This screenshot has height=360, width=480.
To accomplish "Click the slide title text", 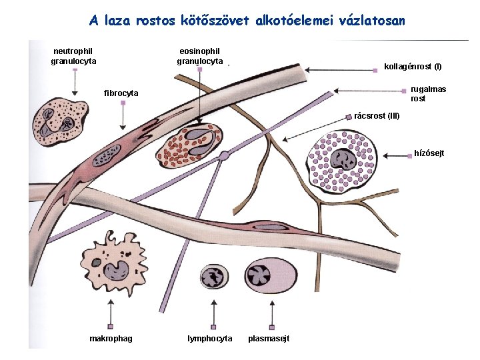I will click(247, 21).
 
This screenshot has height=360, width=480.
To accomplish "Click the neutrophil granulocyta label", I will click(73, 56).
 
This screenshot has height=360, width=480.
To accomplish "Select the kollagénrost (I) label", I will click(413, 67).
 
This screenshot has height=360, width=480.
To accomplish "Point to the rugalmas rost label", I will click(428, 93).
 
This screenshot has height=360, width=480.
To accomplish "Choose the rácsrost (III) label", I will click(377, 115).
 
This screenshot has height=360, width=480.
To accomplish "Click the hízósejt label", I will click(429, 154).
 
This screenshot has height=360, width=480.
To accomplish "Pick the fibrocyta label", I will click(121, 93).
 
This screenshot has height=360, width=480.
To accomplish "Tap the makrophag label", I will click(111, 339).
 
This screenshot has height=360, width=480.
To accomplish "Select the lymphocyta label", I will click(211, 339).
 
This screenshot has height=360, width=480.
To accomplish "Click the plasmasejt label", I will click(269, 339).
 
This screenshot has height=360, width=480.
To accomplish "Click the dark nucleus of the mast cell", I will click(345, 161).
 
